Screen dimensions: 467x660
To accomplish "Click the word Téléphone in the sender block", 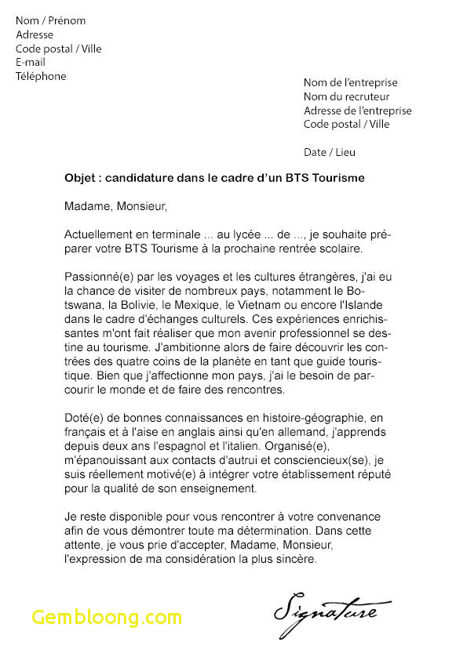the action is click(41, 77).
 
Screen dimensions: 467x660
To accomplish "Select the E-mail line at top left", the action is click(31, 63).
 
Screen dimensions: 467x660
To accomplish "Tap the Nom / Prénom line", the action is click(50, 20).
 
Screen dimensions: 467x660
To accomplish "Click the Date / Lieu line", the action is click(330, 152).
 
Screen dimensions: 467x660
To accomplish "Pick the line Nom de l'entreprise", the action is click(350, 83).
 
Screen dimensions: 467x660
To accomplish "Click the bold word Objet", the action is click(81, 179).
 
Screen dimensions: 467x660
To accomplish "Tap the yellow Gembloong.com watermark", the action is click(107, 616).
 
